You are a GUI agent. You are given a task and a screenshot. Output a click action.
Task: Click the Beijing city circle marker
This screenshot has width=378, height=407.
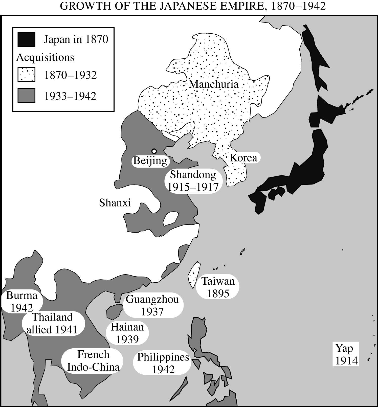tap(154, 151)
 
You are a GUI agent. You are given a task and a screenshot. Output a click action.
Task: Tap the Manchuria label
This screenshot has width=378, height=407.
tap(214, 84)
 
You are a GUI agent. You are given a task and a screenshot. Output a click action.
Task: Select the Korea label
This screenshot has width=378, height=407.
tap(243, 158)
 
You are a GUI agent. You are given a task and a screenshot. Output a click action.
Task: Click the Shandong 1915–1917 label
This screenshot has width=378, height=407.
tap(193, 181)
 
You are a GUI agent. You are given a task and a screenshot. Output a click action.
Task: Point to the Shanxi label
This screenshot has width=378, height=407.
tap(115, 203)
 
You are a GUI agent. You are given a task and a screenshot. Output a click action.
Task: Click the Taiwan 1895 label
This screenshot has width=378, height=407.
tap(218, 287)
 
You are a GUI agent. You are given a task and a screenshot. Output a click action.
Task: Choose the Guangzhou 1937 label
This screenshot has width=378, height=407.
tap(152, 305)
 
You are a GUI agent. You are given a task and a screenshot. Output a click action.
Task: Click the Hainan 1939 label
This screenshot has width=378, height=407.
tap(127, 333)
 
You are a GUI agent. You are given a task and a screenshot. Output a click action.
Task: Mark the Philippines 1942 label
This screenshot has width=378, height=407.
tap(163, 363)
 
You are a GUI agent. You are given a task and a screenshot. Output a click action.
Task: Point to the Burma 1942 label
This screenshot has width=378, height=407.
tap(22, 301)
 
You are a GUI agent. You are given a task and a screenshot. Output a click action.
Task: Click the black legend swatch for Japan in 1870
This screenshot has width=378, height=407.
tap(26, 40)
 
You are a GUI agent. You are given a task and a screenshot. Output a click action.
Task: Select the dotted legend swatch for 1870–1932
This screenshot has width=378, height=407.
tap(26, 75)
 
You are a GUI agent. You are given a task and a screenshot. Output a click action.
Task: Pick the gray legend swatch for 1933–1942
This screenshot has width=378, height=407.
tap(26, 96)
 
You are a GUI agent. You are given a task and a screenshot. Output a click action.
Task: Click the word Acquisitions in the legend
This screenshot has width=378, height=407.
tap(45, 57)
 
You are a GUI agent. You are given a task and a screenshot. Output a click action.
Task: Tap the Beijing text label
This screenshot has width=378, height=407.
tap(150, 161)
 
